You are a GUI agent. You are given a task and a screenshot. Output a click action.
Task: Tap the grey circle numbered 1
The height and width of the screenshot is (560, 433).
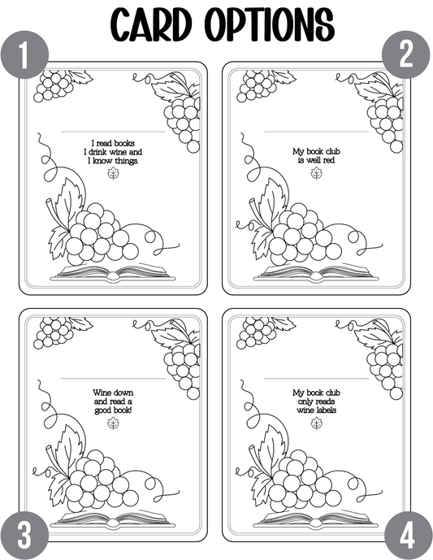pos(24,55)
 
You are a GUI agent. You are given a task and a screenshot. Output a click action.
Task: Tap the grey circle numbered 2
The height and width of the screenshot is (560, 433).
pos(406,54)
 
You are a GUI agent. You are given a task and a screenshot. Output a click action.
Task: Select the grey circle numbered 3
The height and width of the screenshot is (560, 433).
pos(24,536)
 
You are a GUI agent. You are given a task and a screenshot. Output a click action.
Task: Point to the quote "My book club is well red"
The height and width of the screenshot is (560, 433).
pos(316,156)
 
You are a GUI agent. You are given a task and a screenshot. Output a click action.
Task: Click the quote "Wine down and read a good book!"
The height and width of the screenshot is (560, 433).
pos(113,402)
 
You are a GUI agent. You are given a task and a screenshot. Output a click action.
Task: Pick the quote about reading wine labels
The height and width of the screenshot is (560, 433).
pos(316,402)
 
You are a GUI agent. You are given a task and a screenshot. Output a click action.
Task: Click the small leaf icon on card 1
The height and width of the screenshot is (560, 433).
pos(114,174)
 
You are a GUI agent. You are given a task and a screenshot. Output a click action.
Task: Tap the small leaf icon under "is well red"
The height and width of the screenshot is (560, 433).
pos(316,174)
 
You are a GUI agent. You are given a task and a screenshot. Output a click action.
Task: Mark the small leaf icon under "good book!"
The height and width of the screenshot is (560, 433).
pos(114,423)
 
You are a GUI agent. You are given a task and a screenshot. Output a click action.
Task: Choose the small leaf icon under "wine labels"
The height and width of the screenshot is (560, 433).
pos(316,423)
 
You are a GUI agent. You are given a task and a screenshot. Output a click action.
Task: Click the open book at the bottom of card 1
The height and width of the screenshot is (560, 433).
pos(113,273)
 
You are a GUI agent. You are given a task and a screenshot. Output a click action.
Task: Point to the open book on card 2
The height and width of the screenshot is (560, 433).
pos(316,273)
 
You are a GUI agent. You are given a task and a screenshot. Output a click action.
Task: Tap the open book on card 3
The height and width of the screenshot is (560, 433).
pos(113,519)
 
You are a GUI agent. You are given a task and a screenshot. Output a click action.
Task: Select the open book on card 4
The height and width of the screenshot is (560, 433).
pos(316,519)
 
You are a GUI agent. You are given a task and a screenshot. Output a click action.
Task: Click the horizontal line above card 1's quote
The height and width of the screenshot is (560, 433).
pos(113,132)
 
